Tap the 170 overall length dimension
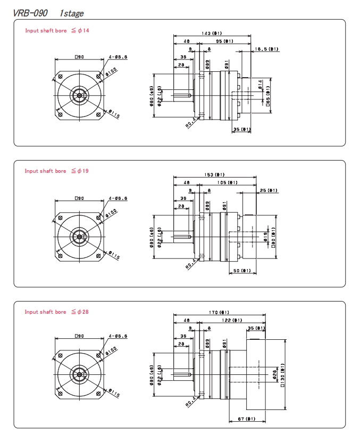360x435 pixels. (219, 313)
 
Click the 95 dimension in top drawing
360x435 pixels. (224, 41)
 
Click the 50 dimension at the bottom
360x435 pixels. (242, 271)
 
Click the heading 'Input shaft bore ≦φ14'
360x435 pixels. (57, 30)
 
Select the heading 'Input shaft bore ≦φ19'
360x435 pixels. (56, 171)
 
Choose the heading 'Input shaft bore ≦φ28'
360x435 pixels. (57, 312)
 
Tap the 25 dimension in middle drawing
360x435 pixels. (269, 190)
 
